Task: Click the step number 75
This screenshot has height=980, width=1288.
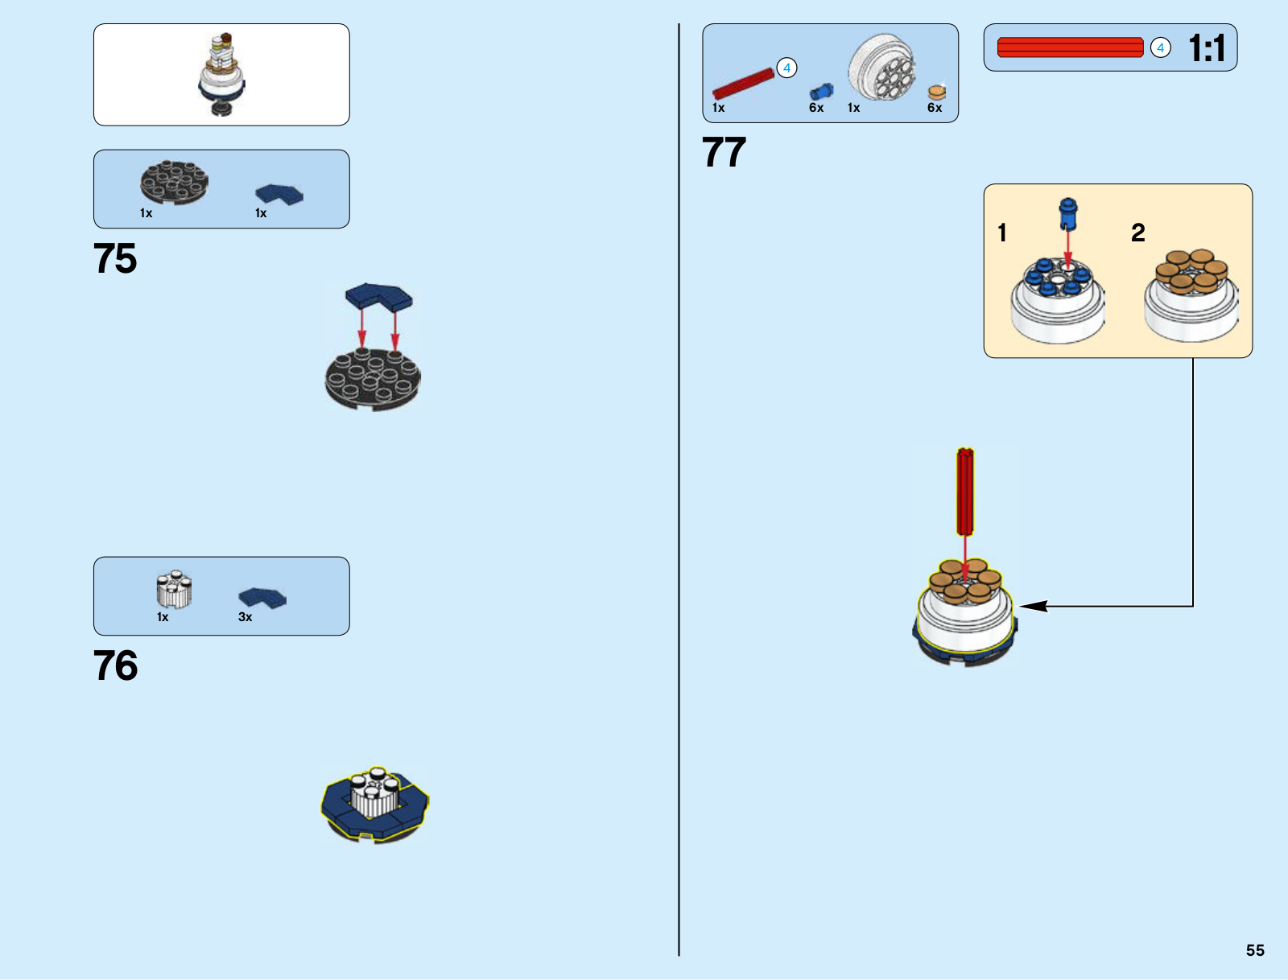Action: coord(115,259)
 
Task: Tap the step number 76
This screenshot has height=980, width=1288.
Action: coord(115,666)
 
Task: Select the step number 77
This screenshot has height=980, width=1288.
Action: coord(724,153)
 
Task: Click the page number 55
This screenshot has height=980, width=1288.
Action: coord(1255,950)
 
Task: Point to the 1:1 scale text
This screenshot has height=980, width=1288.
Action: coord(1206,48)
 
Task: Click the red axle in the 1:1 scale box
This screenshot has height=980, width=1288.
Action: coord(1070,47)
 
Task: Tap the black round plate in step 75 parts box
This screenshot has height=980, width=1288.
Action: coord(174,182)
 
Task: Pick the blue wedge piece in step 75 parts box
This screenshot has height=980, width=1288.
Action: coord(279,194)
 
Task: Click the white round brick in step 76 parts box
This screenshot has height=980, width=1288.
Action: coord(174,589)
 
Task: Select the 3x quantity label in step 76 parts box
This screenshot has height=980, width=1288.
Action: coord(246,617)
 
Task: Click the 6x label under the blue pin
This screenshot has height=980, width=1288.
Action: coord(816,108)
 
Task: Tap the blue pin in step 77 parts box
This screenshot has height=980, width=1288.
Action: coord(821,91)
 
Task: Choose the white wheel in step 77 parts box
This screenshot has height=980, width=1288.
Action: coord(881,68)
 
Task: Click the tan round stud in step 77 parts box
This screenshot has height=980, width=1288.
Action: coord(936,92)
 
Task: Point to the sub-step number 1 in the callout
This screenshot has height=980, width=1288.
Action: coord(1002,233)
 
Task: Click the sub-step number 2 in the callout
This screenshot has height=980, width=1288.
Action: coord(1137,233)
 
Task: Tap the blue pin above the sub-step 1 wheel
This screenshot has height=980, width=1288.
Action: coord(1067,213)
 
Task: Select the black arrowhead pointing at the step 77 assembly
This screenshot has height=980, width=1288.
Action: coord(1034,606)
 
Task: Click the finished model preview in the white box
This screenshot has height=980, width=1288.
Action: coord(221,74)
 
